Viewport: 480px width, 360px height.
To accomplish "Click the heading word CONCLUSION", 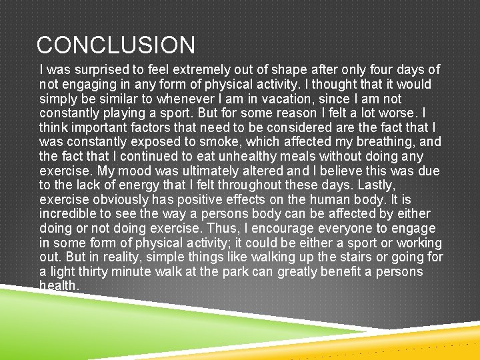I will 116,45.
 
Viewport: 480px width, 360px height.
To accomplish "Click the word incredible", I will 68,214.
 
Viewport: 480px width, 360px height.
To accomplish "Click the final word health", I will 59,285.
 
